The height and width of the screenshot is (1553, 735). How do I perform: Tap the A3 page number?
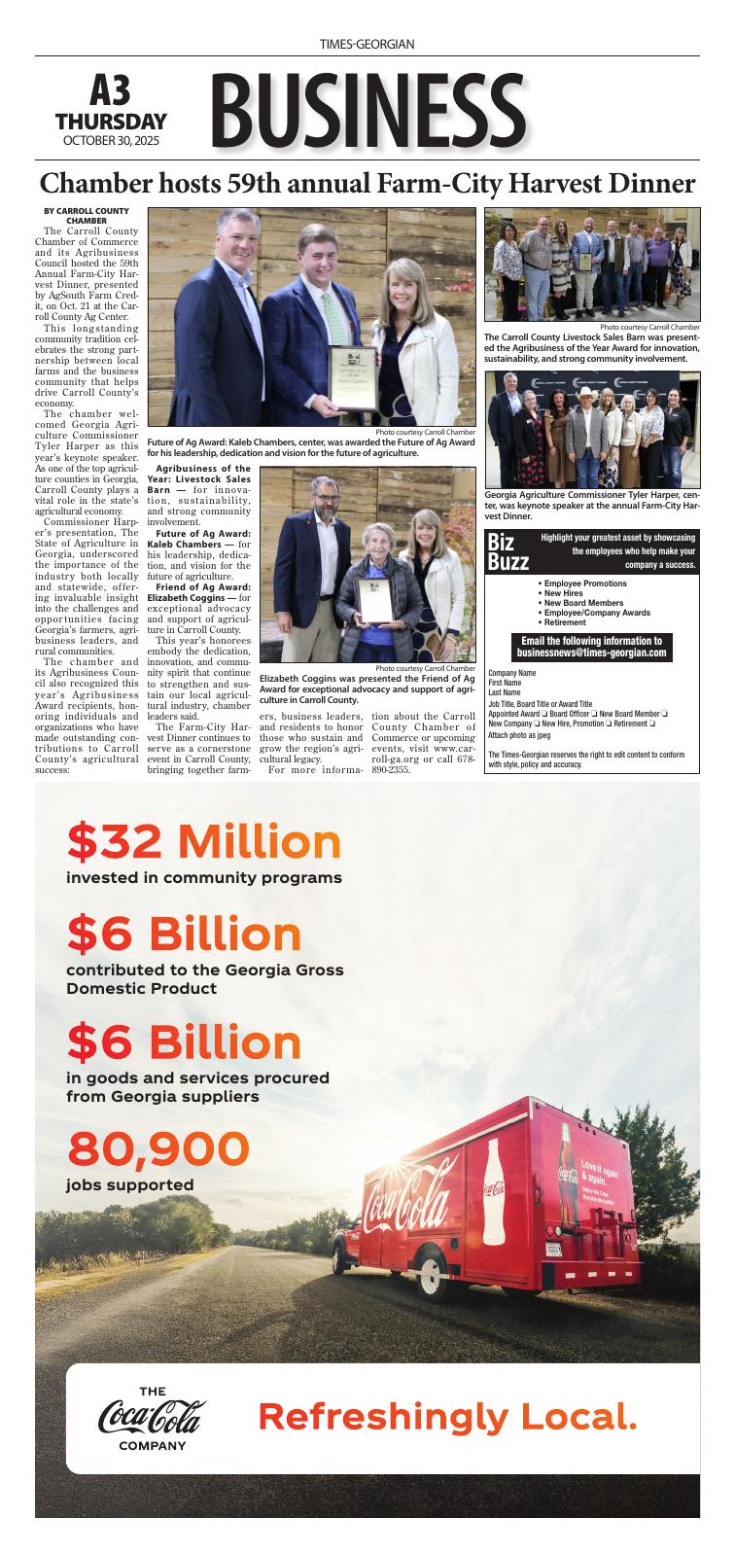point(110,92)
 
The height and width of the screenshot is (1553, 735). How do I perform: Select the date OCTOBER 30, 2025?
point(111,141)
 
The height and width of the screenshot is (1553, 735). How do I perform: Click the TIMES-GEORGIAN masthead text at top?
point(367,45)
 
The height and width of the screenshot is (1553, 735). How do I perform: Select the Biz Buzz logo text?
point(508,552)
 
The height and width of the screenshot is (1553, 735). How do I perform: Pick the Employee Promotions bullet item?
point(584,583)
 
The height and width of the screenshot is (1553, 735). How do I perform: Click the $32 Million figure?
point(204,842)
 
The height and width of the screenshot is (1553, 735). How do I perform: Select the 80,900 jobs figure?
point(158,1148)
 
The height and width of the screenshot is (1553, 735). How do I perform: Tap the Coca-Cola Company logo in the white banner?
point(152,1419)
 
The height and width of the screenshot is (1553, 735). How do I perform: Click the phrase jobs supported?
point(130,1184)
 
